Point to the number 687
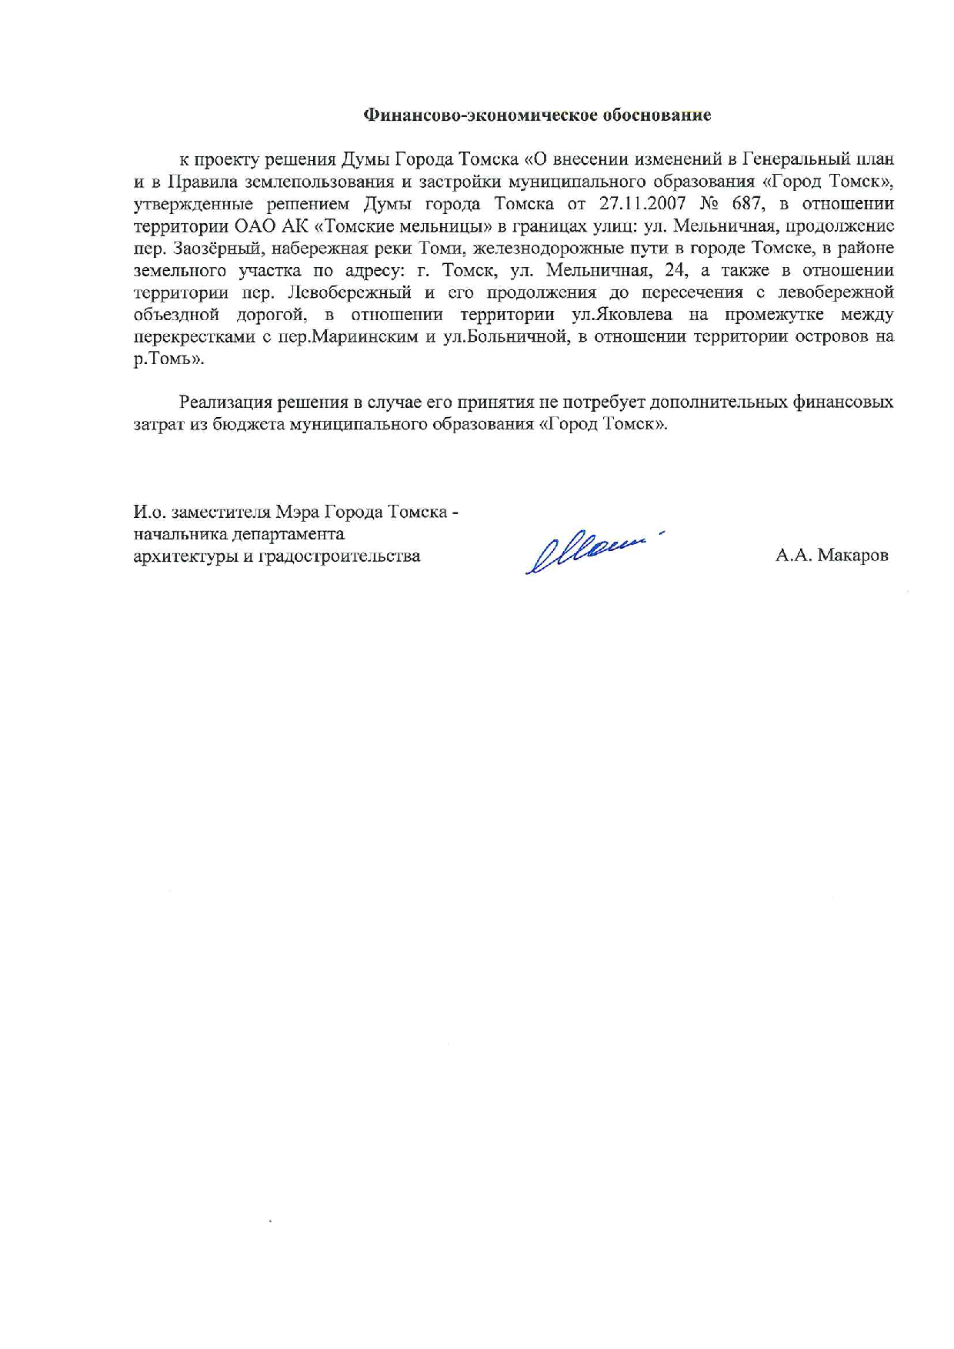coord(747,204)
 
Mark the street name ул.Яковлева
coord(622,314)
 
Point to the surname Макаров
coord(852,555)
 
